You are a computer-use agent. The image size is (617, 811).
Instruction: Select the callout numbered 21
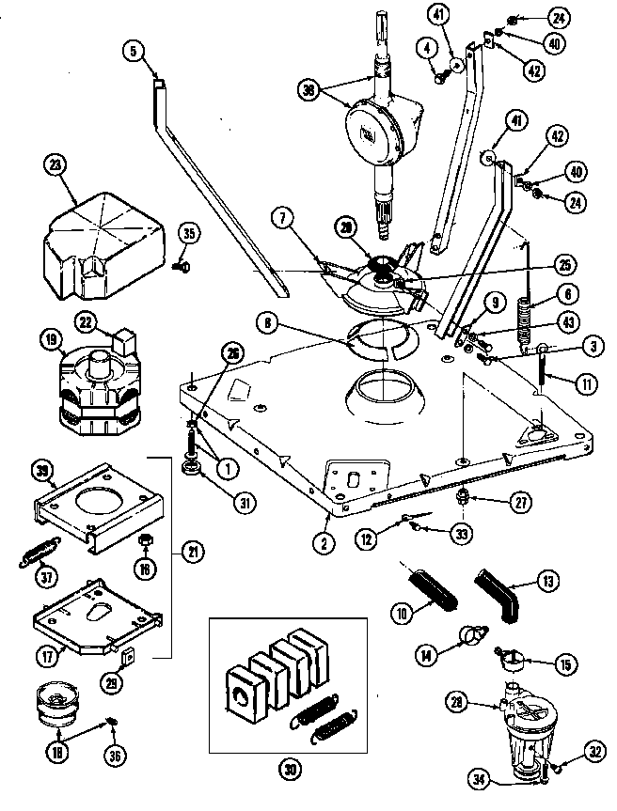pyautogui.click(x=194, y=554)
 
